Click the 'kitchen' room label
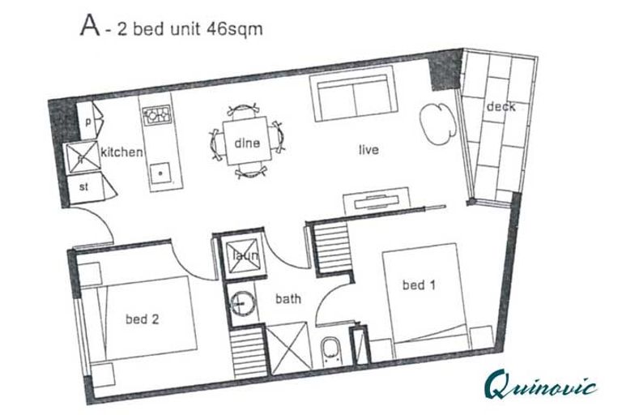pos(122,152)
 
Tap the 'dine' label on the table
pos(246,143)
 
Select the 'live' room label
pos(369,150)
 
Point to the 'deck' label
pos(501,107)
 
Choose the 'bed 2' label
pos(141,319)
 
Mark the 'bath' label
pos(288,299)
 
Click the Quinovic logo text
pos(541,383)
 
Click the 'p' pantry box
pos(87,122)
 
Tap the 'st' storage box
pos(84,186)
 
